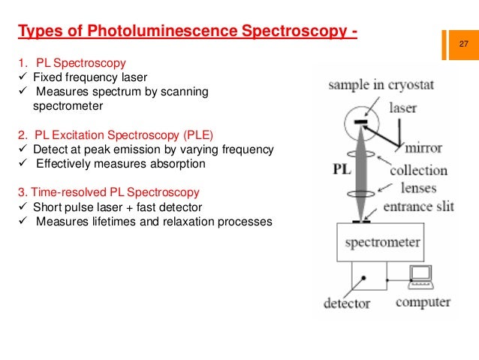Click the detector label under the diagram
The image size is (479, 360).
(x=346, y=304)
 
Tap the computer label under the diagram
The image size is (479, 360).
(x=423, y=303)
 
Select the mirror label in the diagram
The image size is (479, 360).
(x=423, y=148)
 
